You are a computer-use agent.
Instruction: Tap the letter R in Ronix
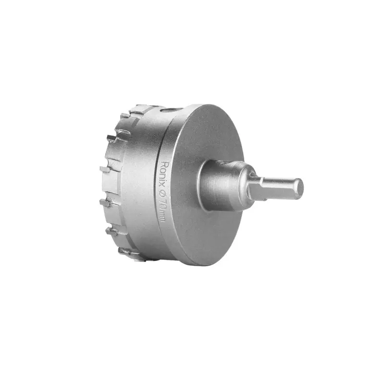tap(163, 164)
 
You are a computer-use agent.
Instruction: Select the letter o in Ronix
tap(162, 171)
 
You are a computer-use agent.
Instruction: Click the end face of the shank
tap(299, 189)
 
